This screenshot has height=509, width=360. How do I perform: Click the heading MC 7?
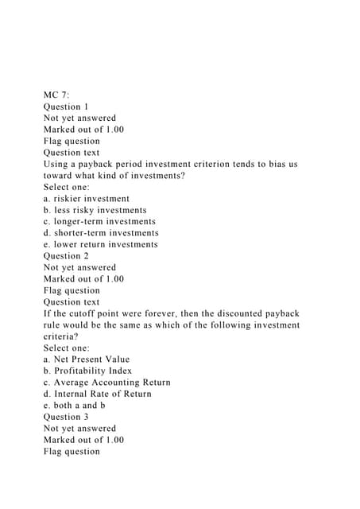pos(57,95)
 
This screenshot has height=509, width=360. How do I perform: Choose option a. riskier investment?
pos(87,199)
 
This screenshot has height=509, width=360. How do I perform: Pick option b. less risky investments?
pos(95,210)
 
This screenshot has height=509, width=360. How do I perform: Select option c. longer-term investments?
pos(99,221)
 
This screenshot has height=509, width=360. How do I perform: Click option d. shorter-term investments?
pos(101,233)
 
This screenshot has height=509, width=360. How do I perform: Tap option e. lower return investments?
pos(100,244)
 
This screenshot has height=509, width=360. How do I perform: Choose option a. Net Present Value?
pos(87,359)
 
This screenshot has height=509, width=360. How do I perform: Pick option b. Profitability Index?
pos(87,371)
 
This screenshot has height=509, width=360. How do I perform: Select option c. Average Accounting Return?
pos(107,382)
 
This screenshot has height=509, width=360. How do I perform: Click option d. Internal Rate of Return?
pos(98,394)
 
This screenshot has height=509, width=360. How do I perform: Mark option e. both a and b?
pos(75,405)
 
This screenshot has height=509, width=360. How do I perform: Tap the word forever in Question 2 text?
pos(165,313)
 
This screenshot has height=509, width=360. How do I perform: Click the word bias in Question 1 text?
pos(268,165)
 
